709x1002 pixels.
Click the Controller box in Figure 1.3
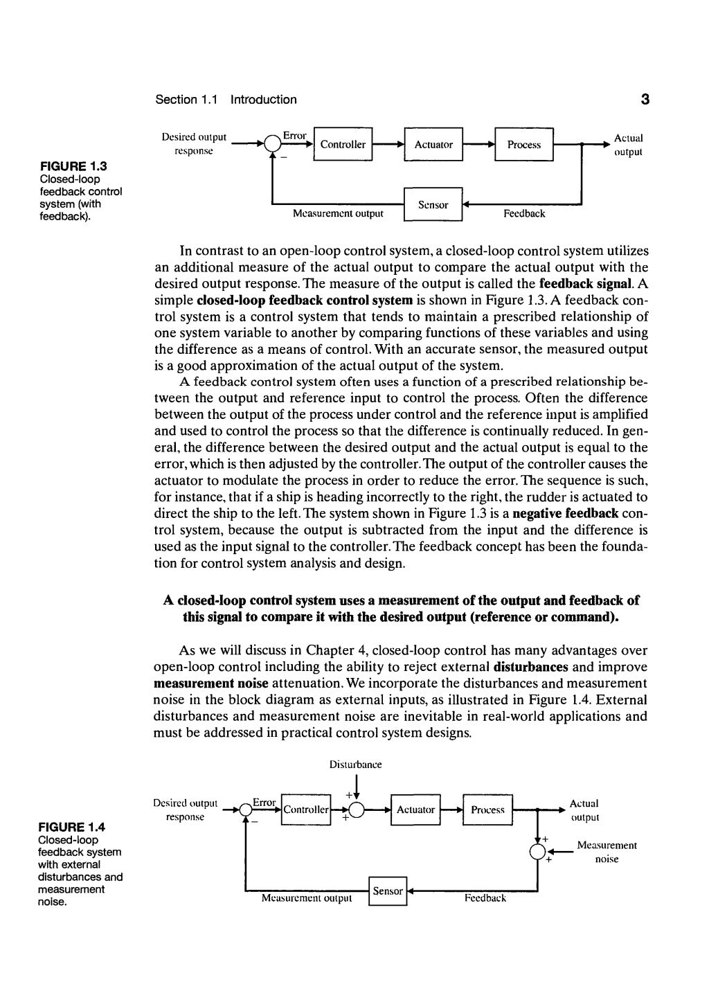[343, 145]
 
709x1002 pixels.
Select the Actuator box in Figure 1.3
[433, 145]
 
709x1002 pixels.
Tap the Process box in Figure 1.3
[523, 145]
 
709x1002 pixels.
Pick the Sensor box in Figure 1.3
[433, 205]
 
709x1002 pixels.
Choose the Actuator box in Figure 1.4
[415, 809]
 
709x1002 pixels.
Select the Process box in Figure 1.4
[487, 809]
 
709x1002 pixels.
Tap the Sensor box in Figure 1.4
[388, 891]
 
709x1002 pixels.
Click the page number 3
[645, 100]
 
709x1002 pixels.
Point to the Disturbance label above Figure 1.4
[355, 765]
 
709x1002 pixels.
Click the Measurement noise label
[607, 852]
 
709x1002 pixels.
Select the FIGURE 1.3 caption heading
[73, 166]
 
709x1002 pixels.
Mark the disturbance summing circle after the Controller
[356, 810]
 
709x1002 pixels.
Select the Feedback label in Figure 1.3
[524, 214]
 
